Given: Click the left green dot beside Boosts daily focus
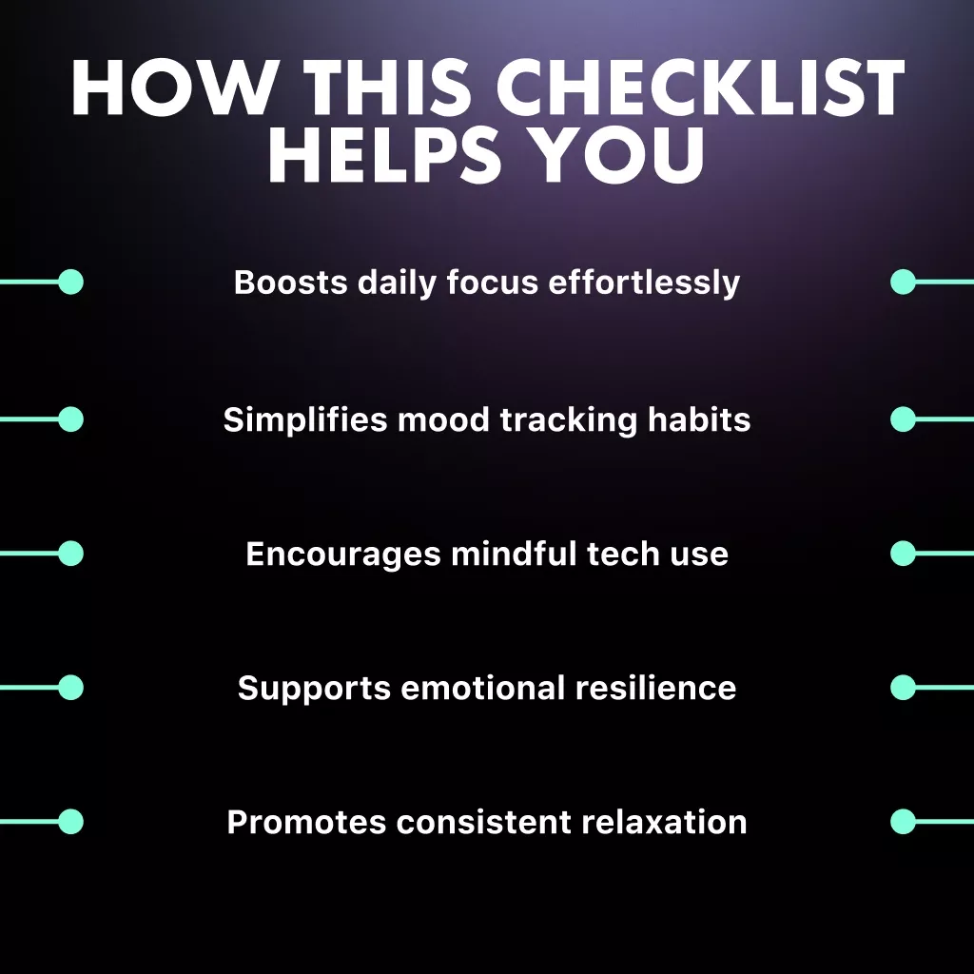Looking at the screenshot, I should click(x=70, y=282).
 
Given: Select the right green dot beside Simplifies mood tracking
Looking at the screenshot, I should click(x=903, y=419).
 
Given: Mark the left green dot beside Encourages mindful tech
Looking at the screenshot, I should click(x=70, y=554).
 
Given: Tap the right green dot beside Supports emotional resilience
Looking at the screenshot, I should click(x=903, y=688).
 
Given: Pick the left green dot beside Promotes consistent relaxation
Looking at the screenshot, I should click(x=70, y=822).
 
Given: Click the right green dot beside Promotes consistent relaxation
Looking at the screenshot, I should click(x=903, y=822).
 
